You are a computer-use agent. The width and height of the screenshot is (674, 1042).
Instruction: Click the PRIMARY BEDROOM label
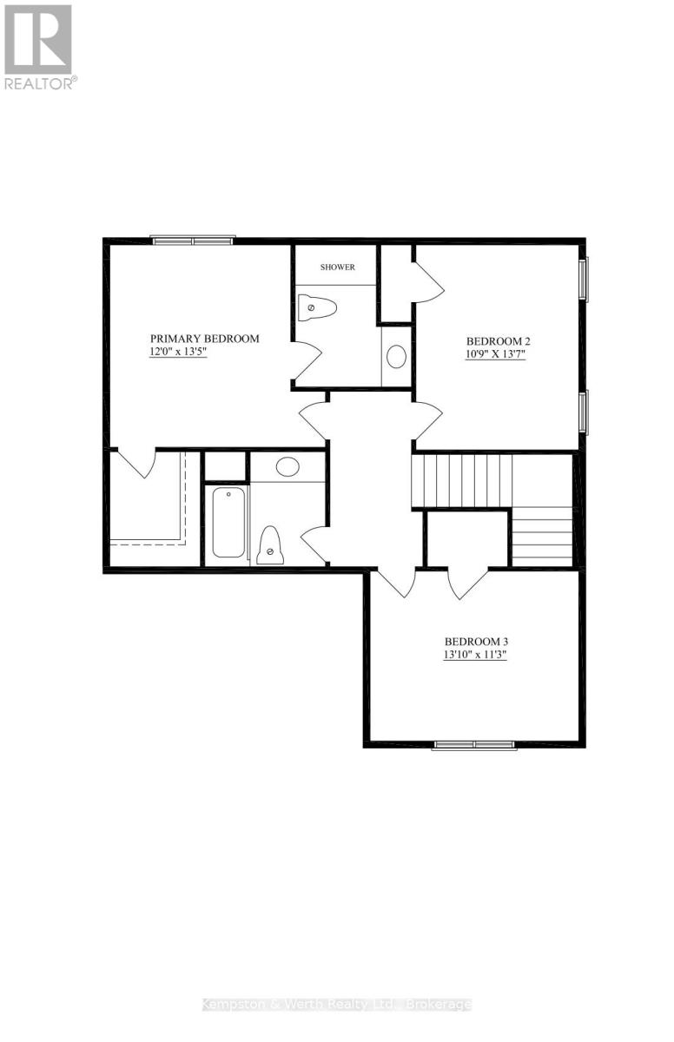point(205,339)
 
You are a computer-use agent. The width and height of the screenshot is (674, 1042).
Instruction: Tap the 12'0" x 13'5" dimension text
point(178,353)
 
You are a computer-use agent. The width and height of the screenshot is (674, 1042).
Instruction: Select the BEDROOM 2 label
point(499,341)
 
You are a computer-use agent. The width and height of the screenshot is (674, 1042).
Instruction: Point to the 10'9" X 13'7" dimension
point(495,354)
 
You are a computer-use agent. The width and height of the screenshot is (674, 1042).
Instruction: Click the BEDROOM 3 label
point(476,642)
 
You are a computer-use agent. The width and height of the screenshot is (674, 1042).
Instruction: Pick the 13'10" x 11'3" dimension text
point(474,655)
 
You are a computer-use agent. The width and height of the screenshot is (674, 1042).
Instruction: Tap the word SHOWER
point(338,267)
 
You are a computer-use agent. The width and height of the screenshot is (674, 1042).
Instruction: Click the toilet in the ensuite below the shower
point(317,307)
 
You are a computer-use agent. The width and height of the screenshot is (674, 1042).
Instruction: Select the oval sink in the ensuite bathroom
point(396,357)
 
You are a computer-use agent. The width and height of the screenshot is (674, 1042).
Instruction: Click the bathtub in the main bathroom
point(228,522)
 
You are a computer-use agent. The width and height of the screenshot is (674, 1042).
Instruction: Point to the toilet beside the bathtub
point(270,545)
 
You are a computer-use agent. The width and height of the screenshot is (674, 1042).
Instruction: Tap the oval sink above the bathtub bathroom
point(287,466)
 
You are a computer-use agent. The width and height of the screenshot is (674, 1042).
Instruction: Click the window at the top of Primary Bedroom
point(193,241)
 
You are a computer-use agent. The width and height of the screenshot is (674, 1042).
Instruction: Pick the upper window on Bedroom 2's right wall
point(584,279)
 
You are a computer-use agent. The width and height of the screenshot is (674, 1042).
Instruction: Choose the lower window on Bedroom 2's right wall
point(584,412)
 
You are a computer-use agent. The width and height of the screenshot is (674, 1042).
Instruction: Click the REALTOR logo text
point(40,83)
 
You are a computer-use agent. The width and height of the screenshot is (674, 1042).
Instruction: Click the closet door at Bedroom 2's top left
point(428,282)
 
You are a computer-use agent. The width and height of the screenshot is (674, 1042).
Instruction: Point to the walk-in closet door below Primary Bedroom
point(135,464)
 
